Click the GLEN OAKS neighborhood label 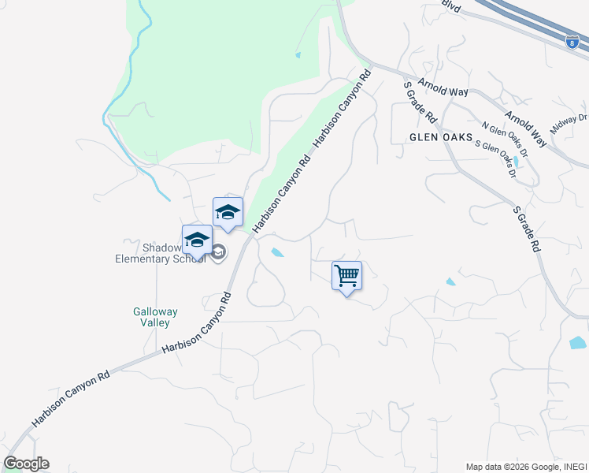(439, 136)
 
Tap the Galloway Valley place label (155, 317)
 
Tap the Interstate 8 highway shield (572, 43)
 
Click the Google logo (26, 464)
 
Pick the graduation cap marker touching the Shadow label (197, 240)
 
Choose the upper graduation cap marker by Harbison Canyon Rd (228, 212)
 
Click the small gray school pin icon (218, 252)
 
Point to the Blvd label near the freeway (450, 6)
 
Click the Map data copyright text (526, 467)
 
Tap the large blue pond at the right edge (578, 342)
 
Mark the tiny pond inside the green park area (298, 55)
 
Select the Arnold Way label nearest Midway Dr (525, 128)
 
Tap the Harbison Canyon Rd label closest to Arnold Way (342, 110)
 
